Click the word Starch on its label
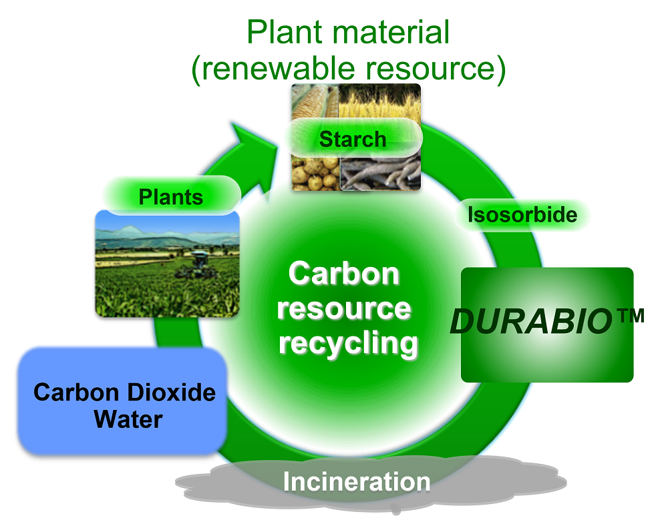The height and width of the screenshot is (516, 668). [x=353, y=140]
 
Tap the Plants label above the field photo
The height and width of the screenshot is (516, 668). [x=171, y=197]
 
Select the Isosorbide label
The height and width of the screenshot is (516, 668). [x=522, y=215]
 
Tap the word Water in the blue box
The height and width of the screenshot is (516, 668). [x=128, y=419]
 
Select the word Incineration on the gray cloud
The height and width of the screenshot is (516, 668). [x=357, y=481]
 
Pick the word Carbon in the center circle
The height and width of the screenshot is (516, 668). [x=344, y=274]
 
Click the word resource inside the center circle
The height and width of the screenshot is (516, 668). [x=344, y=308]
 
